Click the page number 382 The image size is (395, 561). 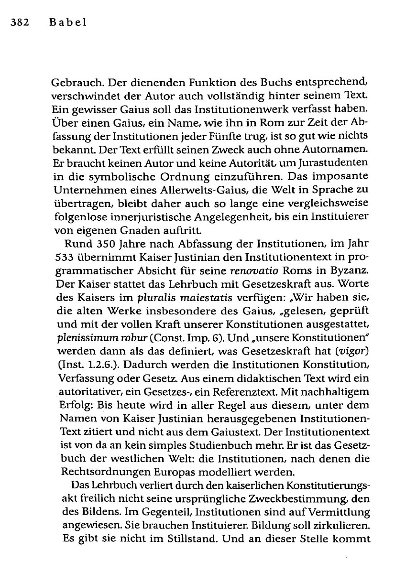pos(15,22)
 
